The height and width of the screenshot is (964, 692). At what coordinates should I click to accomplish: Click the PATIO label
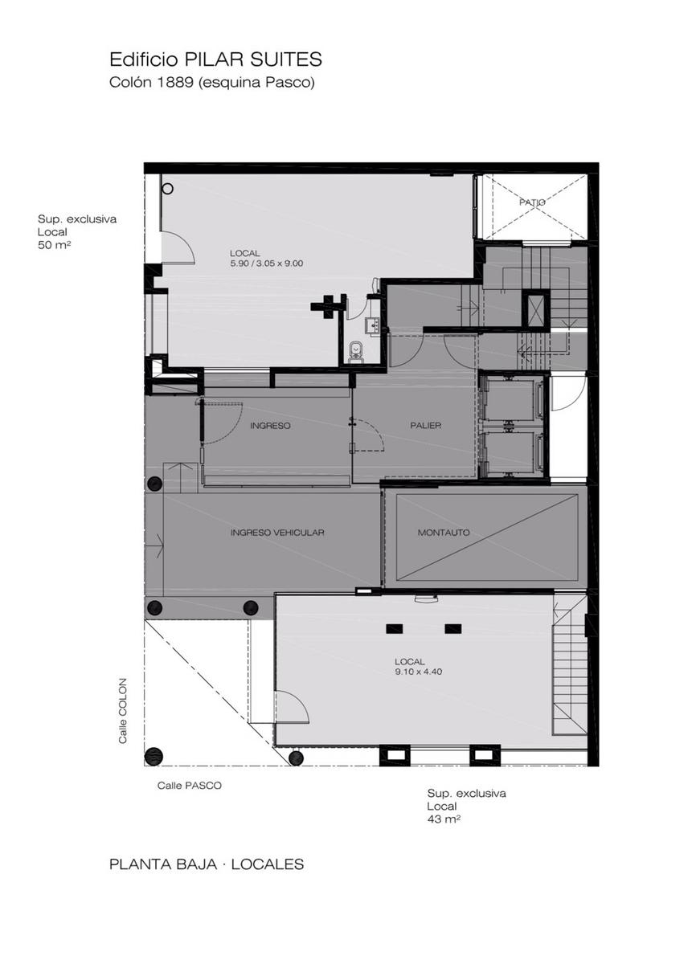(532, 202)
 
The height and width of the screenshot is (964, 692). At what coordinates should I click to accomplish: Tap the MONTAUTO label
(444, 533)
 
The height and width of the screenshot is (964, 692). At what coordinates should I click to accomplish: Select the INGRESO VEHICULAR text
(277, 533)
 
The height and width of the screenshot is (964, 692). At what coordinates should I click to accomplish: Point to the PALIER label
(425, 426)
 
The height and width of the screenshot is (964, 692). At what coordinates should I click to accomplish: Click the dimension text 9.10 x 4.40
(418, 672)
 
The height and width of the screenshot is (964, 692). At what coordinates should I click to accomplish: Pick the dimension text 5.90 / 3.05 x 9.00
(267, 263)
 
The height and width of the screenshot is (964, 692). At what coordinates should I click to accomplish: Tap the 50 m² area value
(55, 246)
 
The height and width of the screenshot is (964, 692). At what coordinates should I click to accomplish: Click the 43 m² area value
(444, 819)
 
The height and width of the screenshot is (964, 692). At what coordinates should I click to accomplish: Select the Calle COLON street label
(123, 710)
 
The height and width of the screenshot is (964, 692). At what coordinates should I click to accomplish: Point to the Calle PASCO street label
(190, 786)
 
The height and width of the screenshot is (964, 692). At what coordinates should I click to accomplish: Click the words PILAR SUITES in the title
(253, 59)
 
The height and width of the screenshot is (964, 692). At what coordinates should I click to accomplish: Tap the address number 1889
(175, 82)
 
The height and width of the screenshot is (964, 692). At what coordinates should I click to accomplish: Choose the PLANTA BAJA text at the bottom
(163, 864)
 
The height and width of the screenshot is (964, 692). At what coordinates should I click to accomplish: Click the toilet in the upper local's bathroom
(356, 351)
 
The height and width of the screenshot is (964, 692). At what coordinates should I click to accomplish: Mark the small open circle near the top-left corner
(168, 189)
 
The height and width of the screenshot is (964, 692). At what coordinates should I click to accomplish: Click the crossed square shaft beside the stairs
(536, 309)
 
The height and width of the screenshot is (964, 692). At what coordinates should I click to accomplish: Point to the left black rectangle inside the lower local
(394, 629)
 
